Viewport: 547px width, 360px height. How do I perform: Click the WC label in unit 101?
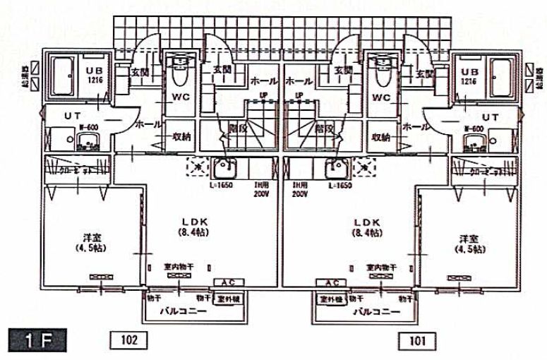click(x=381, y=97)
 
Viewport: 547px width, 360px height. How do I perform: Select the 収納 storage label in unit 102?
click(x=184, y=137)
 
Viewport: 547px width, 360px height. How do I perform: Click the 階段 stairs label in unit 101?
click(x=325, y=128)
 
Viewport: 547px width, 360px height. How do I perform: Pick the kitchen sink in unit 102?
click(x=227, y=169)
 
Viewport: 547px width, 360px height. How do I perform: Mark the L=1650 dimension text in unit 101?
click(x=340, y=185)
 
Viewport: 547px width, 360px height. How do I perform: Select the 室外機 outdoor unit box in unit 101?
click(x=332, y=299)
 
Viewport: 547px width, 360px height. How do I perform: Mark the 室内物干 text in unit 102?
click(x=180, y=268)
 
